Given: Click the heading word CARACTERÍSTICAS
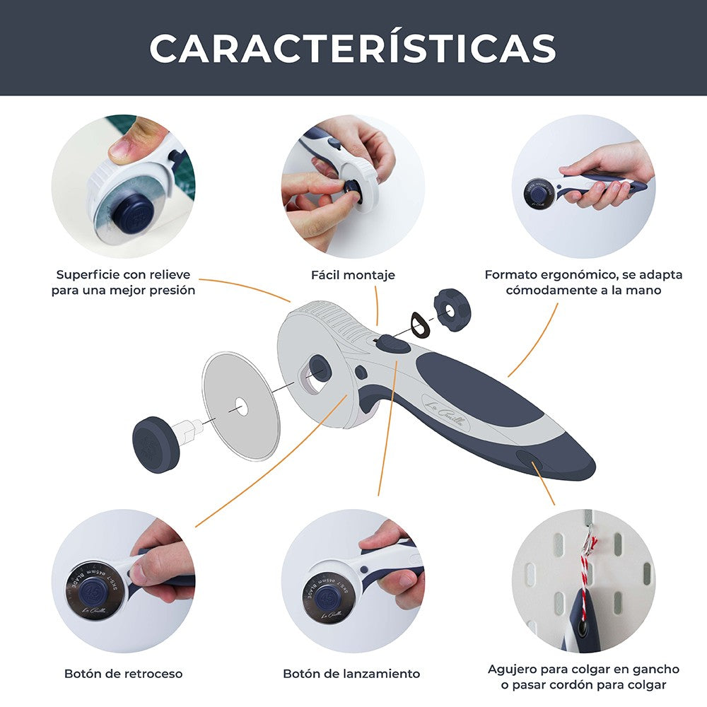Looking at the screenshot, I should click(353, 48).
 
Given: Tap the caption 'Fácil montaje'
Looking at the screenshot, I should click(353, 274).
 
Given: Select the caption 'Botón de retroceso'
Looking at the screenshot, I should click(123, 673).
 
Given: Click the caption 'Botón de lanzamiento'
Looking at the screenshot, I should click(351, 673).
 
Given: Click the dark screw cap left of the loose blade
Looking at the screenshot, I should click(156, 444).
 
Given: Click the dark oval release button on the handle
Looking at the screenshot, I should click(392, 344).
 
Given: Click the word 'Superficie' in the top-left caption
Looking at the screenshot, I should click(86, 274).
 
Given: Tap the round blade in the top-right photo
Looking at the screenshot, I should click(539, 192).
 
